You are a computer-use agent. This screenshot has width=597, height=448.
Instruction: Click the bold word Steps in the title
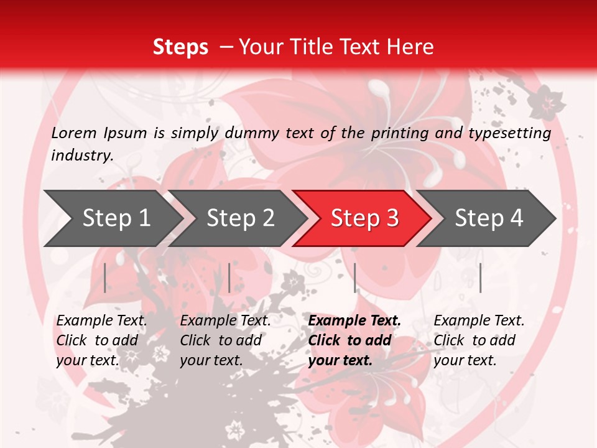pos(180,47)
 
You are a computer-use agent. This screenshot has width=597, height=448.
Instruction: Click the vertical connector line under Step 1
pos(105,278)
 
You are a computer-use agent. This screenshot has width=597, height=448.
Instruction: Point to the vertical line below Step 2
pos(229,278)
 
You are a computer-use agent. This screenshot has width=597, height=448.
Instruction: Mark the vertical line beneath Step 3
pos(355,278)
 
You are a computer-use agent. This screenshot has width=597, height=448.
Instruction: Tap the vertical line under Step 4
pos(481,278)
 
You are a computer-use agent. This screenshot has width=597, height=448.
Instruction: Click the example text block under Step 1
pos(101,340)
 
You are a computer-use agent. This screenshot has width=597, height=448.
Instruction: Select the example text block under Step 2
pos(225,340)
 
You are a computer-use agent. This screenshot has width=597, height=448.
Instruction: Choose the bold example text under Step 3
pos(354,340)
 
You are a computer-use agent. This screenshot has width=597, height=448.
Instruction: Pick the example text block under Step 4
pos(479,340)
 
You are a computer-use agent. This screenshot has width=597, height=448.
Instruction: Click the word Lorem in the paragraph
pos(74,133)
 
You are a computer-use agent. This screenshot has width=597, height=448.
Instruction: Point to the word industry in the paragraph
pos(81,155)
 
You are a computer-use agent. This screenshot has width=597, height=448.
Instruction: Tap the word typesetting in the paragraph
pos(515,133)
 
